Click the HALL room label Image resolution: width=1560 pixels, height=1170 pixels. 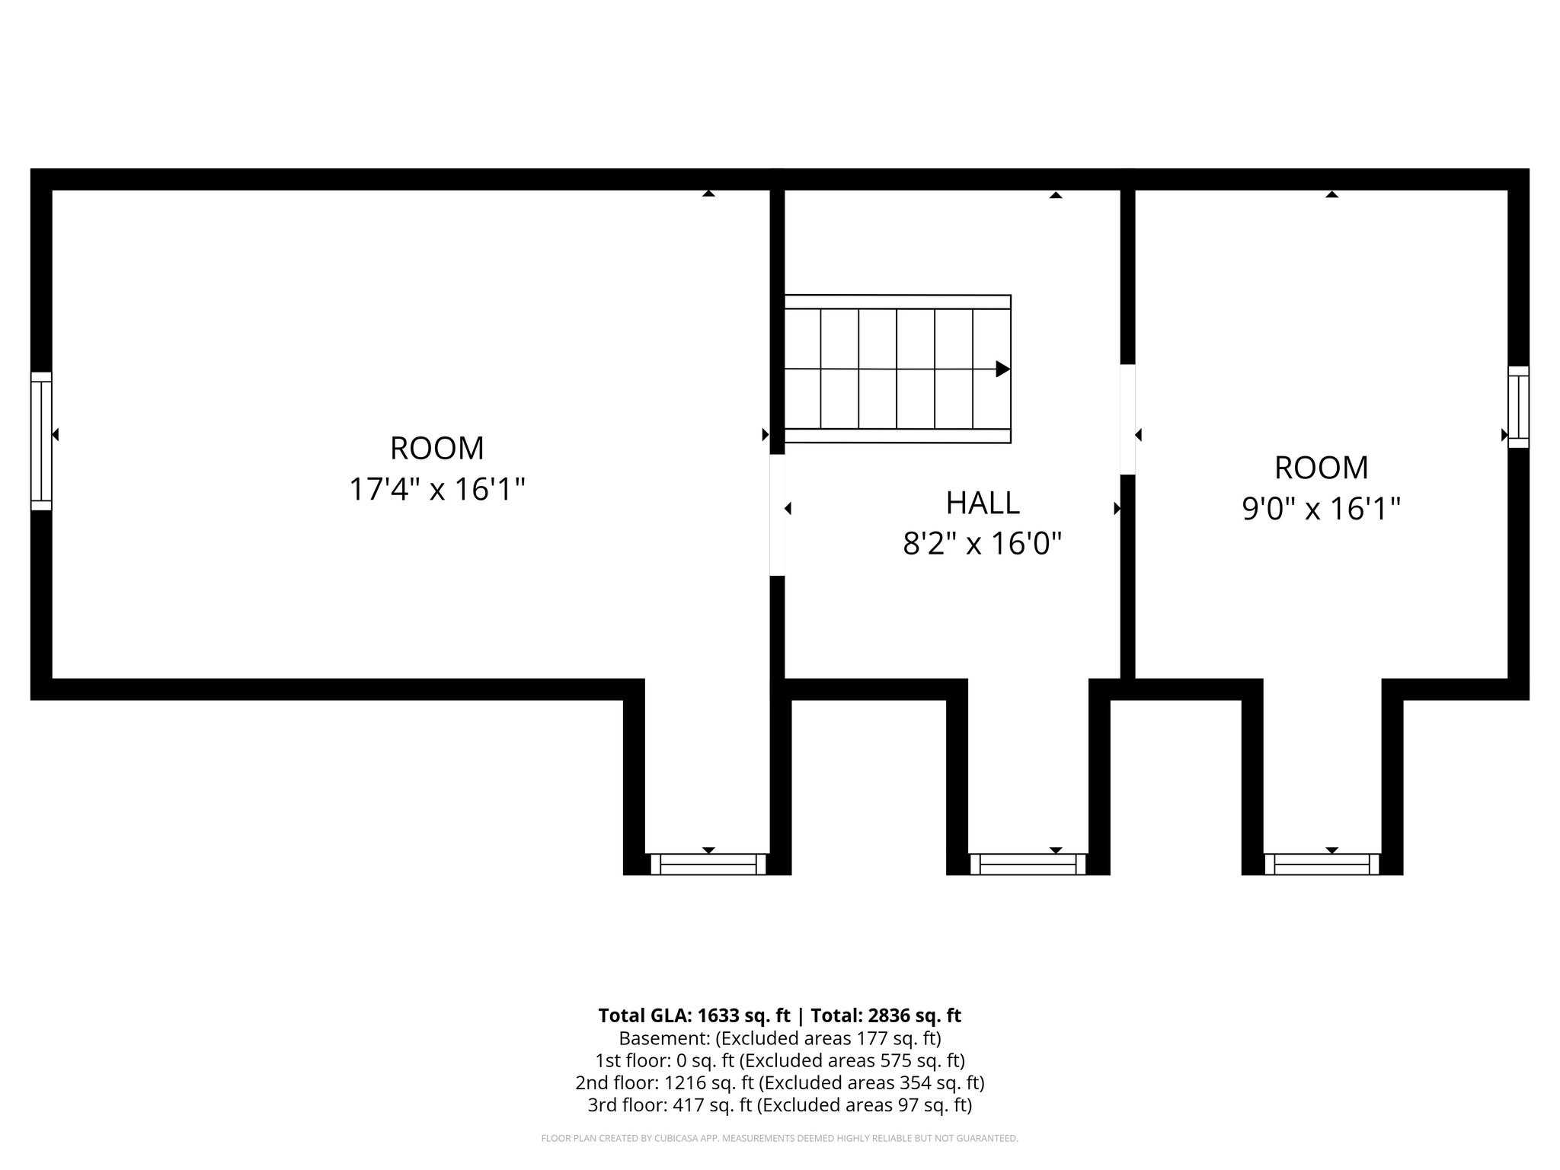983,503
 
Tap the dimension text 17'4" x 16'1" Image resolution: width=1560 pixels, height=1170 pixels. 437,489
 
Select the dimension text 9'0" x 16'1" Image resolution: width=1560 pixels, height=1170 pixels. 1322,508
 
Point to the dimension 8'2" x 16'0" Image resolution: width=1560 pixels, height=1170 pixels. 983,544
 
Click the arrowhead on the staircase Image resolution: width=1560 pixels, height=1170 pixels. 1003,369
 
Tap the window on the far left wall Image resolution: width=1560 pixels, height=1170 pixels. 41,441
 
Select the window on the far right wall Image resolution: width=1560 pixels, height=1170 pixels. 1518,407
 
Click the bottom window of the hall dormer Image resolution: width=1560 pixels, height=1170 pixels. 1028,864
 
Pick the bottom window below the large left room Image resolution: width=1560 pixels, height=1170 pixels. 708,864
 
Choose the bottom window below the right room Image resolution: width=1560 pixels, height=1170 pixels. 1322,864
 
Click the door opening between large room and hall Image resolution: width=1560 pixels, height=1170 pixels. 777,515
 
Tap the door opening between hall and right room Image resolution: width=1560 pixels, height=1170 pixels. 1128,419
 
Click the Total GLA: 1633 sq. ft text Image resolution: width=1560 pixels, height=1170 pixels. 694,1015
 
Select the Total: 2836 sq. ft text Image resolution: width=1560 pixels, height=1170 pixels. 886,1015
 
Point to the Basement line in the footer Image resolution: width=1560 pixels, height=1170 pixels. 780,1038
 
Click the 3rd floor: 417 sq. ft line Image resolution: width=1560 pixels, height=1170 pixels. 780,1104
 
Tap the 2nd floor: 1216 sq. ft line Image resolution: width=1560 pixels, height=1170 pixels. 780,1082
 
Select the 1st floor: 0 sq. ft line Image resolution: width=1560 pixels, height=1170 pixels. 780,1060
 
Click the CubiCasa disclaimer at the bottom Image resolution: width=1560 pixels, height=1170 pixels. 780,1139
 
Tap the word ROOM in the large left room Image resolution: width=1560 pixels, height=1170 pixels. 437,448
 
